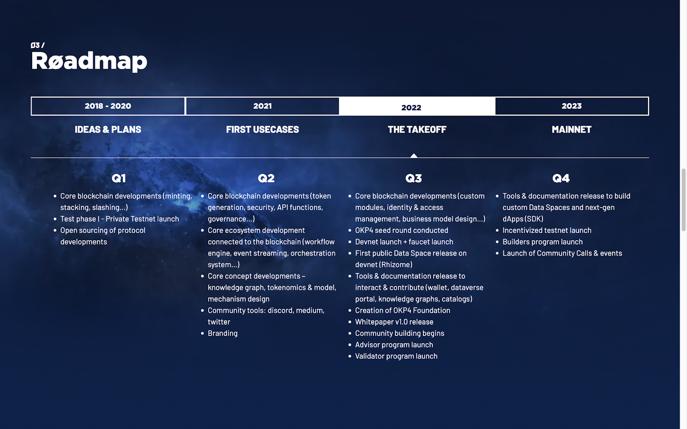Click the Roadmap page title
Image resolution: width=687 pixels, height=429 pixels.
click(89, 62)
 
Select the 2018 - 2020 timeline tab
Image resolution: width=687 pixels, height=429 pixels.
click(108, 106)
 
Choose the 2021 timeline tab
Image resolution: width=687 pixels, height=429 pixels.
click(262, 106)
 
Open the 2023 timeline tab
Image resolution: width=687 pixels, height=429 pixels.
click(571, 106)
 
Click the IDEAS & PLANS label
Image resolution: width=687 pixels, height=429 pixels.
click(108, 129)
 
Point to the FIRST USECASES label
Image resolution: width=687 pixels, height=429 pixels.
click(262, 129)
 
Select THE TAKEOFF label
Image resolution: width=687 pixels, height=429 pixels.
click(417, 129)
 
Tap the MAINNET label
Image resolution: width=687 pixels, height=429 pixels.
click(571, 129)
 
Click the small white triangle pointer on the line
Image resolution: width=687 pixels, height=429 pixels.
click(414, 156)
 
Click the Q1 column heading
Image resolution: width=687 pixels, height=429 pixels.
click(119, 178)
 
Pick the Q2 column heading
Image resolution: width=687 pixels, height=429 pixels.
click(266, 178)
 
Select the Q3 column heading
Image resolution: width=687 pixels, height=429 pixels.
click(413, 178)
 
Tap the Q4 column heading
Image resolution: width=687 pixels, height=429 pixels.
click(561, 178)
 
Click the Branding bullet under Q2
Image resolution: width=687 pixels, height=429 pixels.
click(223, 333)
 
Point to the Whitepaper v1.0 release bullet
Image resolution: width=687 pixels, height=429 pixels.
click(394, 322)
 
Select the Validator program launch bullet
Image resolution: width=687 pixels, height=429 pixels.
click(396, 356)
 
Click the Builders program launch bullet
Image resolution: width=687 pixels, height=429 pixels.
click(543, 242)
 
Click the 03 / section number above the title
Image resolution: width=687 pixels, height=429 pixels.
click(38, 45)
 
